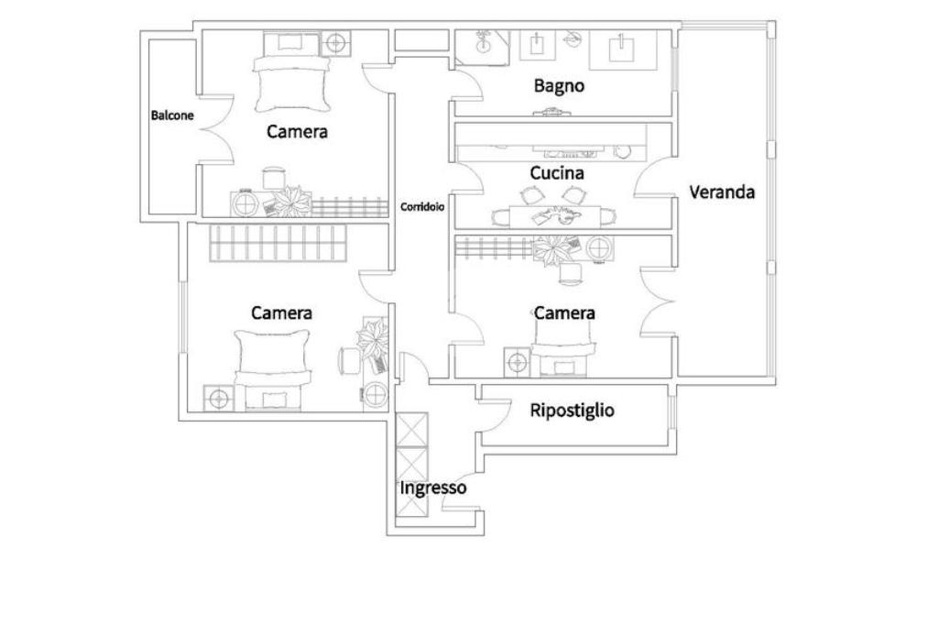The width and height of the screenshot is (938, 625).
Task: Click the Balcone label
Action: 172,115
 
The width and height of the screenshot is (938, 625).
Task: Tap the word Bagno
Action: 559,85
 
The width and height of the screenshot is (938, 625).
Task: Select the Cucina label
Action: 557,173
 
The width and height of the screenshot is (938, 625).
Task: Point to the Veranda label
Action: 722,192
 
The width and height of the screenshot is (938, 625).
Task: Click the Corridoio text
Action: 422,207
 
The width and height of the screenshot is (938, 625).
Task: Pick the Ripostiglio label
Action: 572,411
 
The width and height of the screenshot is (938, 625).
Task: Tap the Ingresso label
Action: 433,488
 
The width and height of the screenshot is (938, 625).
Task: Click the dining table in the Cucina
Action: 554,216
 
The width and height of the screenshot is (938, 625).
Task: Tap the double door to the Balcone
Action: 215,128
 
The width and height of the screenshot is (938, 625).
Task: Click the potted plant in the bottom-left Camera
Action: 372,339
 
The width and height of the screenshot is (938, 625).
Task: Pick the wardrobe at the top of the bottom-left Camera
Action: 278,243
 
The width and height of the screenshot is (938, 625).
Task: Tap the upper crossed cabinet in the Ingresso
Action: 413,430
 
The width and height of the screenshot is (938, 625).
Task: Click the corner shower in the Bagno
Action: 483,48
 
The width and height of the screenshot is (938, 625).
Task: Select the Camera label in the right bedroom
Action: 564,313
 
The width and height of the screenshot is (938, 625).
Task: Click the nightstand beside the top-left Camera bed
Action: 335,43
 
